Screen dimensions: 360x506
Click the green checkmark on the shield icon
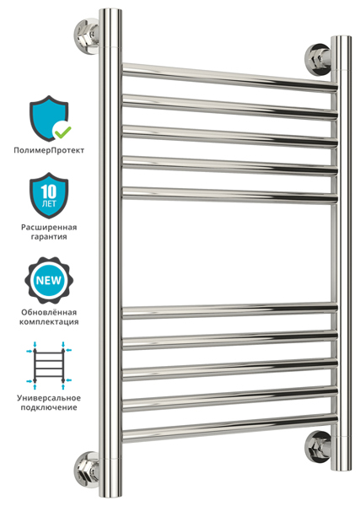(62, 131)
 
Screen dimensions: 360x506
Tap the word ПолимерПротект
(49, 150)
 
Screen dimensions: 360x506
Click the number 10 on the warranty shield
(49, 192)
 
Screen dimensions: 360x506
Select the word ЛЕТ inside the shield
(49, 204)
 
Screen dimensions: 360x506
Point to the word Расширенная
(49, 228)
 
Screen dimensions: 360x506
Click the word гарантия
(49, 237)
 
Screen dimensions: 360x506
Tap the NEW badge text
(49, 280)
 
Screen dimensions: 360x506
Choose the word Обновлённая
(49, 312)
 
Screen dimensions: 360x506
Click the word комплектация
(49, 322)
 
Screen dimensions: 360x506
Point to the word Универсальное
(49, 398)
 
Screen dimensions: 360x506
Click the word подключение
(49, 407)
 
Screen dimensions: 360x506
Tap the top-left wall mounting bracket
(87, 35)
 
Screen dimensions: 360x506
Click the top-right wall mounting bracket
(318, 60)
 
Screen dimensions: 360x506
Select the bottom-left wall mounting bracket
(87, 470)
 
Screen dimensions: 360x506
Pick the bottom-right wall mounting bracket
(318, 447)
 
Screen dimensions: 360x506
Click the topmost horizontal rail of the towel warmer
(229, 78)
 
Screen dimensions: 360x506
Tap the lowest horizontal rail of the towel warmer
(229, 428)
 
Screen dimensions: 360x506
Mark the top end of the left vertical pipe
(110, 9)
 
